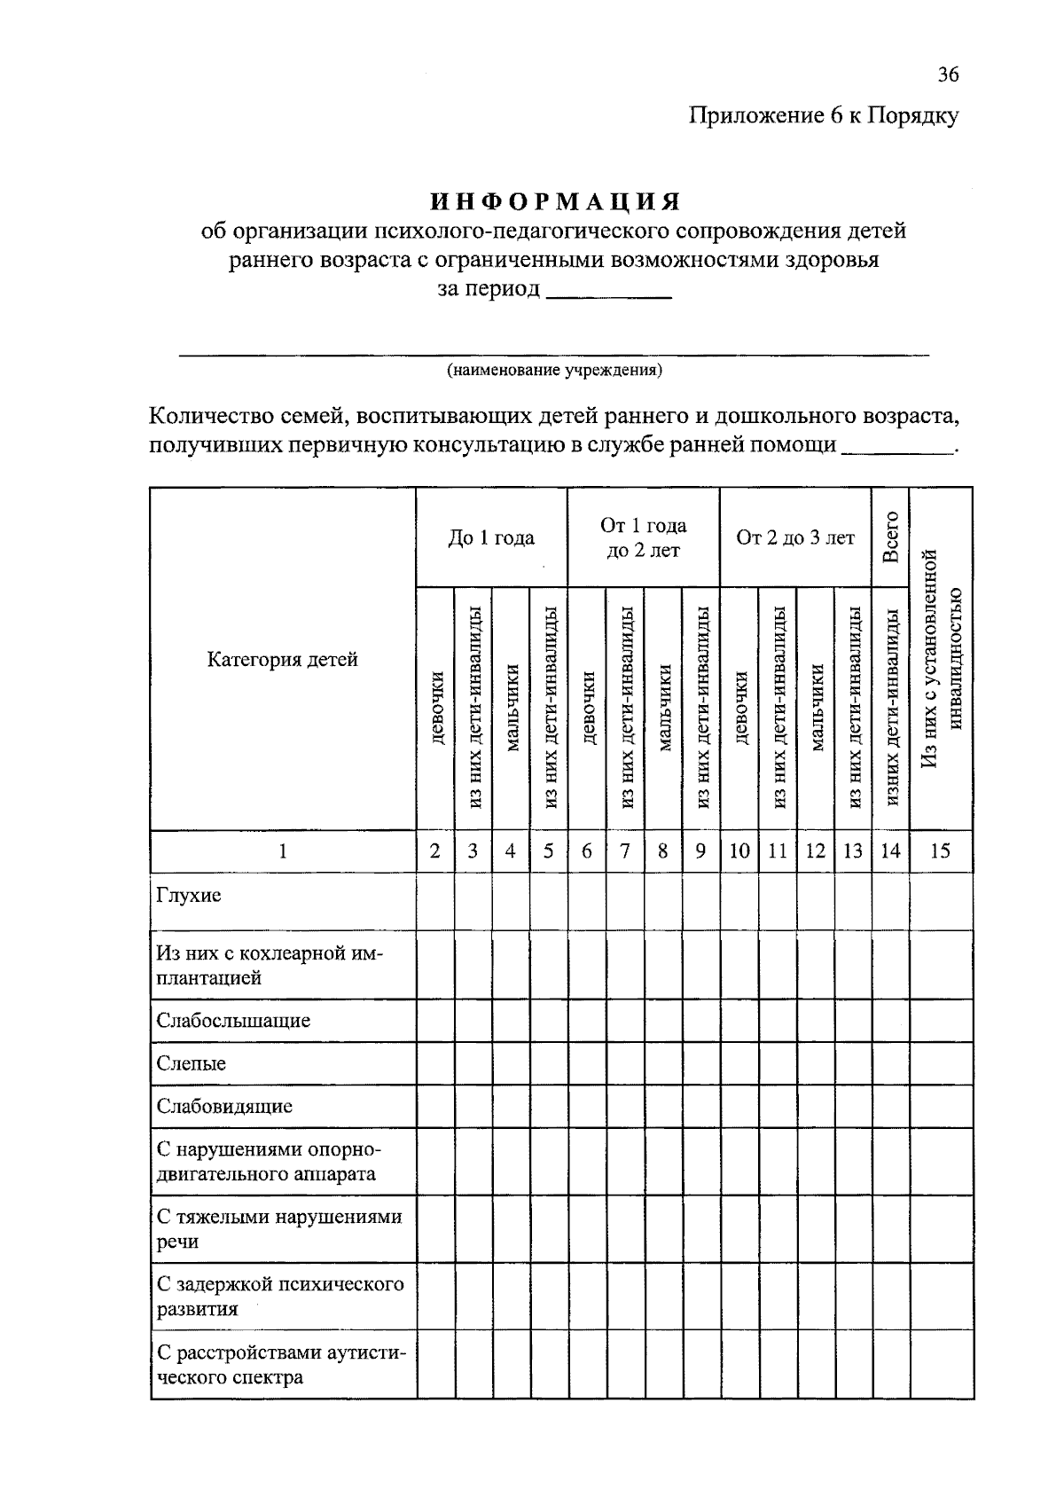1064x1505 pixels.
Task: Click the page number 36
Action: (x=947, y=74)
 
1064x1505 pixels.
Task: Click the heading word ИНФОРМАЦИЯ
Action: (x=555, y=201)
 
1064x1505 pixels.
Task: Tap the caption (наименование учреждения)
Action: (x=554, y=370)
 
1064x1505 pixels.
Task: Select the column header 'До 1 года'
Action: (x=491, y=537)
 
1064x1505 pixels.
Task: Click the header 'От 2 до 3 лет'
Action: (x=795, y=537)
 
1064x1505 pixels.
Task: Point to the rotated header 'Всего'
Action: (x=891, y=537)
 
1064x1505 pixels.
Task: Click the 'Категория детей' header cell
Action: (x=283, y=659)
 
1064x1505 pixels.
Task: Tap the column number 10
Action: (x=739, y=851)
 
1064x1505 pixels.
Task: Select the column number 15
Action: (x=941, y=851)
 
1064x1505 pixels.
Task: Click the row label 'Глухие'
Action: (x=189, y=896)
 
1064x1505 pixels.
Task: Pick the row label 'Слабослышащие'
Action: (x=233, y=1021)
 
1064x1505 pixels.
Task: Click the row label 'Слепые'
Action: (x=192, y=1063)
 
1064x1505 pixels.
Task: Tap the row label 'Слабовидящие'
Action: (x=224, y=1106)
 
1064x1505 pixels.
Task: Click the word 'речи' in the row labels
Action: (x=176, y=1242)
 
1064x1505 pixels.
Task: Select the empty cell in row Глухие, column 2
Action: (x=435, y=902)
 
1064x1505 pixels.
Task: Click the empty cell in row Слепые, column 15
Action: (x=941, y=1063)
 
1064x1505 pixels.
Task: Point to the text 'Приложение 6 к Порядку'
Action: (x=825, y=116)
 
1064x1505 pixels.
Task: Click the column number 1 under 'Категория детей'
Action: (x=283, y=851)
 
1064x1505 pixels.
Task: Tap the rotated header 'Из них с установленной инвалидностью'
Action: (x=941, y=659)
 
